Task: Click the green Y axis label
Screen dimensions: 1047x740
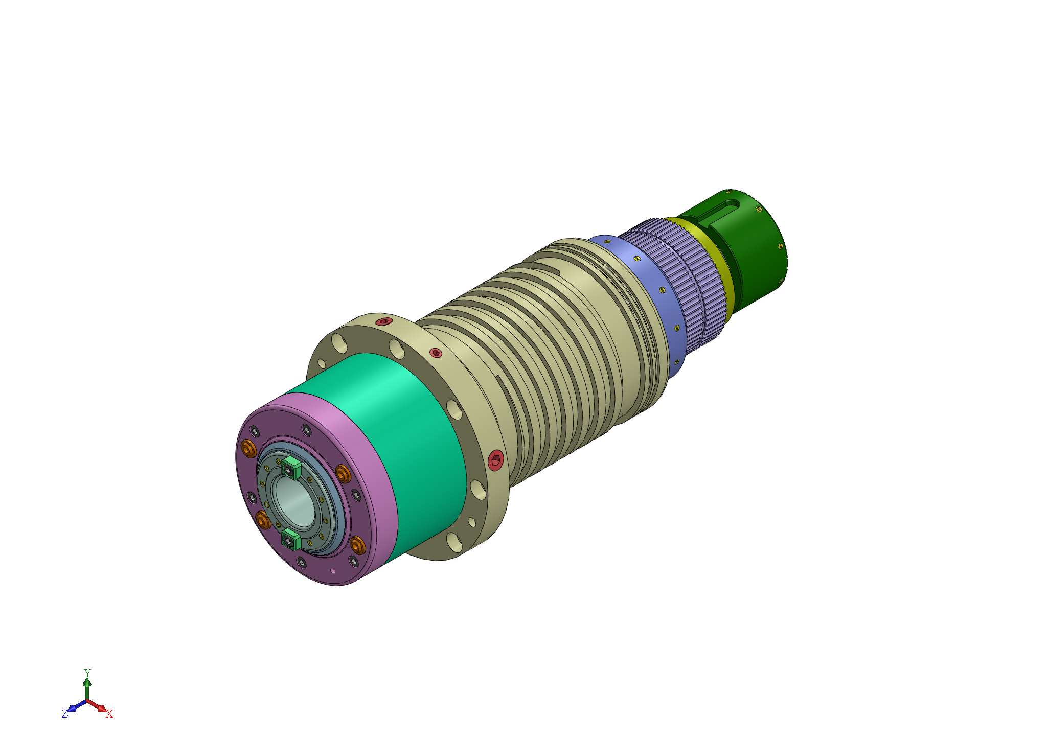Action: click(87, 673)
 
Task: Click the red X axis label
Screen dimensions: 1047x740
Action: click(109, 714)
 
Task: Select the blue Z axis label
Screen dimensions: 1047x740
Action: click(65, 714)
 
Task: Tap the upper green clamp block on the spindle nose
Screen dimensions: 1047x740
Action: click(290, 468)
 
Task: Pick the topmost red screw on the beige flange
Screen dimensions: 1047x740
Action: click(383, 321)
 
